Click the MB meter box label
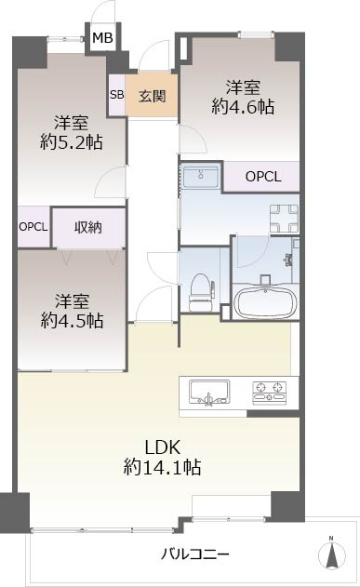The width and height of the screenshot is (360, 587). pyautogui.click(x=102, y=38)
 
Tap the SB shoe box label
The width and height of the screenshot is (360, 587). pyautogui.click(x=117, y=94)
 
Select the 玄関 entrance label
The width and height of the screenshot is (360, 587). pyautogui.click(x=152, y=96)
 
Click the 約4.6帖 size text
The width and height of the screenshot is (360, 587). pyautogui.click(x=243, y=107)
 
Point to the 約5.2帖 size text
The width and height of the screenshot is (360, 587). pyautogui.click(x=71, y=142)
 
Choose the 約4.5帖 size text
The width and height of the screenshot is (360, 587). pyautogui.click(x=72, y=320)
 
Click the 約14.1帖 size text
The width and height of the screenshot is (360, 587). pyautogui.click(x=162, y=467)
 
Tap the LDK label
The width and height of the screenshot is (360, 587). pyautogui.click(x=163, y=447)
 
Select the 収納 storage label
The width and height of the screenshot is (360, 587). pyautogui.click(x=88, y=227)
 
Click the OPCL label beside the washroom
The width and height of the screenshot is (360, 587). pyautogui.click(x=263, y=177)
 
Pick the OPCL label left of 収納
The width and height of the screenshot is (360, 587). pyautogui.click(x=33, y=227)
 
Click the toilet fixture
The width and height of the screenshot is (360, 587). pyautogui.click(x=201, y=292)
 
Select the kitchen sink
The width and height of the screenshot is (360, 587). pyautogui.click(x=209, y=392)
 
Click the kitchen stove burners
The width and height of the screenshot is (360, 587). pyautogui.click(x=270, y=393)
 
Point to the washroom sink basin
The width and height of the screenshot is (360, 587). pyautogui.click(x=201, y=176)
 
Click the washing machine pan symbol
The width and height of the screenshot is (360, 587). pyautogui.click(x=284, y=219)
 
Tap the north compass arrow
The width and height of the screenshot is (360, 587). pyautogui.click(x=331, y=554)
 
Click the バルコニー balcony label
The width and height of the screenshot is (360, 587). pyautogui.click(x=195, y=554)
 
